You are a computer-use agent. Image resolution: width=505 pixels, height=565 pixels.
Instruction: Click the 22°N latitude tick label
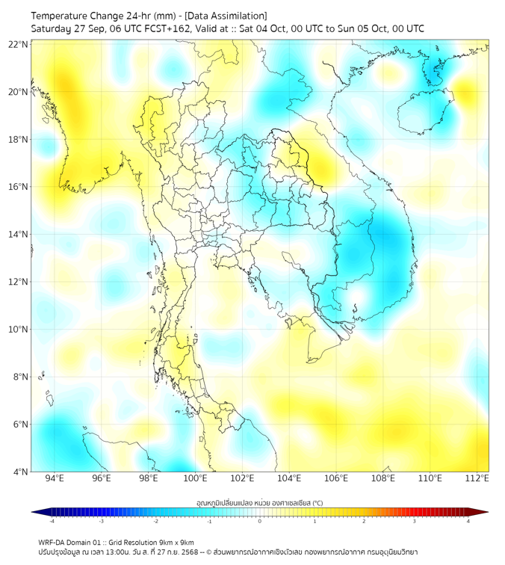(x=19, y=44)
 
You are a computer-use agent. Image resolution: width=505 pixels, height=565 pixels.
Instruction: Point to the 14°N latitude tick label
(x=19, y=234)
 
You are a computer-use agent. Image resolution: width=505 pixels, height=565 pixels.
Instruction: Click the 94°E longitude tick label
(x=55, y=479)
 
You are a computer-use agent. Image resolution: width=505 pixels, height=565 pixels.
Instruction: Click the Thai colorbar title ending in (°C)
(x=259, y=501)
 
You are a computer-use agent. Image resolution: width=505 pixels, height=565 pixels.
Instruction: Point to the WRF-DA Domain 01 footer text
(x=75, y=542)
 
